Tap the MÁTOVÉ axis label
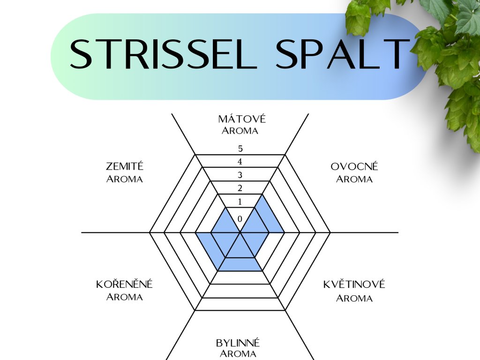[x=240, y=119]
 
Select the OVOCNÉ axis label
[x=354, y=166]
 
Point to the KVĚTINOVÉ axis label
[x=354, y=285]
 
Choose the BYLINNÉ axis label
[x=238, y=343]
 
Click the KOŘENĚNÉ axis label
[x=124, y=285]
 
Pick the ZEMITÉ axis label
[x=125, y=166]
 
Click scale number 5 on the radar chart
[x=240, y=149]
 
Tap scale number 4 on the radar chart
[x=240, y=162]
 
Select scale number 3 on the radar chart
[x=240, y=176]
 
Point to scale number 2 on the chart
[x=240, y=189]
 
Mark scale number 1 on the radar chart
[x=240, y=202]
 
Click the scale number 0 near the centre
[x=240, y=219]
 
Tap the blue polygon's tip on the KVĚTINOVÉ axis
[x=262, y=270]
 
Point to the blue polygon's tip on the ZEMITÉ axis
[x=225, y=207]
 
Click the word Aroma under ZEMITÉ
[x=125, y=179]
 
